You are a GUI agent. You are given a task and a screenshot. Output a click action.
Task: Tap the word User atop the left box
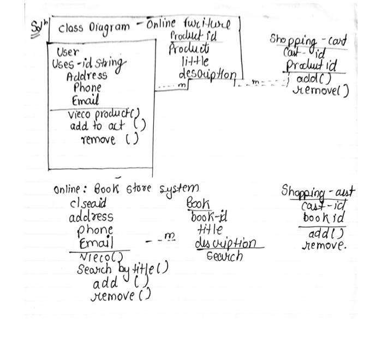point(68,52)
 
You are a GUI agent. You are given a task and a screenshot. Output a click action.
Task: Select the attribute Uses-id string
point(89,64)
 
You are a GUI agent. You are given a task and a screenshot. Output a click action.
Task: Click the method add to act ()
point(108,127)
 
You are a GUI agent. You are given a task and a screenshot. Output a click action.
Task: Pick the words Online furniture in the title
point(189,25)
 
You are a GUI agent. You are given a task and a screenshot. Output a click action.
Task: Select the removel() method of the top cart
point(321,91)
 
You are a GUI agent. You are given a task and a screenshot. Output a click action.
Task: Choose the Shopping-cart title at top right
point(308,40)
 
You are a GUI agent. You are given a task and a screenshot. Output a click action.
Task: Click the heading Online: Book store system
point(126,190)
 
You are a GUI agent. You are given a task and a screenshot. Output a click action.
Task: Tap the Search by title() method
point(122,269)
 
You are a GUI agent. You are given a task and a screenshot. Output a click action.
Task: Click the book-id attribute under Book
point(208,218)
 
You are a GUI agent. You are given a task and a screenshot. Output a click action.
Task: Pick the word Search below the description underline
point(224,255)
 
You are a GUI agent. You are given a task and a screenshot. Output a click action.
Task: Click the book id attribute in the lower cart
point(324,218)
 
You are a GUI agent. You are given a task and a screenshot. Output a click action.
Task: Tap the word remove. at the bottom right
point(324,245)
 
